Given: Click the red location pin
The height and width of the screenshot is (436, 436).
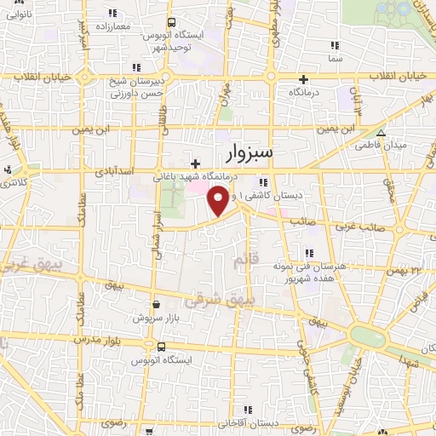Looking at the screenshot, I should click(217, 202).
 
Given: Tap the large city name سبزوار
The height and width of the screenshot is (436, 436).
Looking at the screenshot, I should click(262, 153).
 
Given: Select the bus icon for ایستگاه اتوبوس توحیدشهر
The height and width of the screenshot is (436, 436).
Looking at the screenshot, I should click(171, 23).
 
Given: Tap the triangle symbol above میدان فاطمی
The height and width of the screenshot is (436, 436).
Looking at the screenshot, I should click(381, 134).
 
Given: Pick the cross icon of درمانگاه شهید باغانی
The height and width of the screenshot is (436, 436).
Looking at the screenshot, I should click(195, 163).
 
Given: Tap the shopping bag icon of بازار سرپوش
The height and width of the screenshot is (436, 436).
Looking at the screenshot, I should click(155, 303).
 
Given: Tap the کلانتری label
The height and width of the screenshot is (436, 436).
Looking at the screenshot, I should click(15, 184).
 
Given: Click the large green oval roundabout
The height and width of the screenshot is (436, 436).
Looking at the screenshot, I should click(366, 335).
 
